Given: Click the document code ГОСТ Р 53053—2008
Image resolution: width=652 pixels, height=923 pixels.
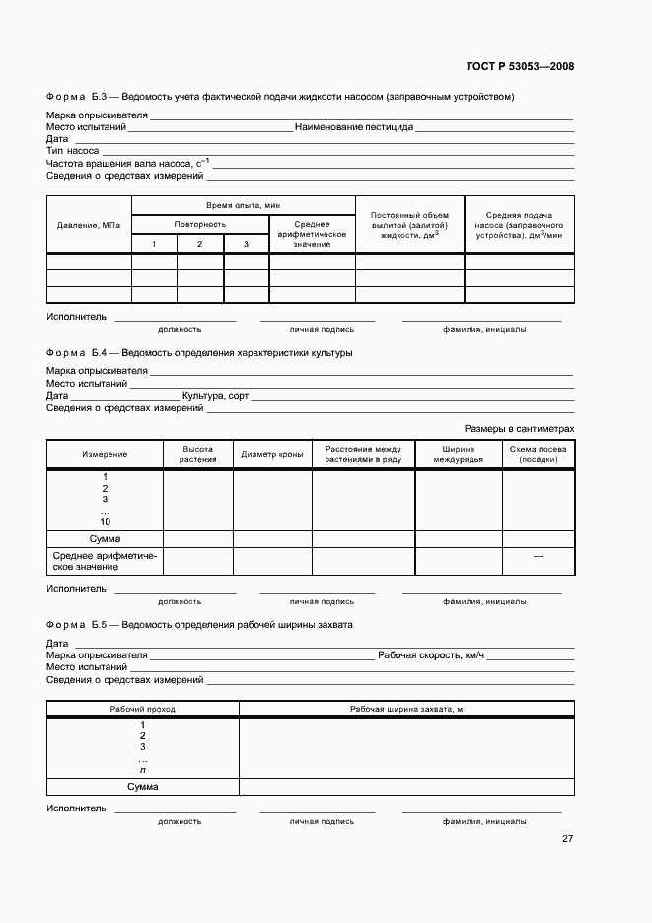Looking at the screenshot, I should [x=519, y=67].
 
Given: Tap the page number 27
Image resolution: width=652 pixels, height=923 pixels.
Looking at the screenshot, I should [x=567, y=839].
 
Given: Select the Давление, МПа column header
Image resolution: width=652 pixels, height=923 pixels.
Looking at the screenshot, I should [x=89, y=225].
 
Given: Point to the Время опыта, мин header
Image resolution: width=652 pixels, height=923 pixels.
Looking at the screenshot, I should [x=244, y=205].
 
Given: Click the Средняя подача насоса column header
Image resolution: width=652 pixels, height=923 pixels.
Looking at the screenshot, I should [x=519, y=225].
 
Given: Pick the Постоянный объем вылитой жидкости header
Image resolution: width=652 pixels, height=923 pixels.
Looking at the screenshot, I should [x=409, y=225].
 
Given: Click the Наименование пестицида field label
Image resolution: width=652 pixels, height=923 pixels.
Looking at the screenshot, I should [x=353, y=127].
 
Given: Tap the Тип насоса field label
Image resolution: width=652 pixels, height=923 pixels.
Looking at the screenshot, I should [x=72, y=151].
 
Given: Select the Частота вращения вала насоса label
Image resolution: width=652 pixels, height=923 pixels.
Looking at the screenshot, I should [x=127, y=163].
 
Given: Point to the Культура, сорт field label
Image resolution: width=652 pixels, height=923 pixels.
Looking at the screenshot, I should [x=215, y=395].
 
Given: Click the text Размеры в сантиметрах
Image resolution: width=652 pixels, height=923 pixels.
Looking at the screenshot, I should [x=519, y=429].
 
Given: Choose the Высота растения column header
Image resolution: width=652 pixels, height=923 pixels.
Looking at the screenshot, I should [x=197, y=454].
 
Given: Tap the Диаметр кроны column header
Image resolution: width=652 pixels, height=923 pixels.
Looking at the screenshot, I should [x=271, y=454].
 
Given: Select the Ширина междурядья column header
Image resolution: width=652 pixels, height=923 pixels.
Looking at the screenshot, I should [x=458, y=454].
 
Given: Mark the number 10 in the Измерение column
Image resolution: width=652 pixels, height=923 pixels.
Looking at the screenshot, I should [x=105, y=522].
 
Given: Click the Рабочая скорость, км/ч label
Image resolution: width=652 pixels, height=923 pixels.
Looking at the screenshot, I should [x=431, y=655].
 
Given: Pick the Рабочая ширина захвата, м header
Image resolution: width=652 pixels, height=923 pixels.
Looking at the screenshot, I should [x=406, y=710].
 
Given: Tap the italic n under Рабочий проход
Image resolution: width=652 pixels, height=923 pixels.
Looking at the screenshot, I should [x=143, y=770].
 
